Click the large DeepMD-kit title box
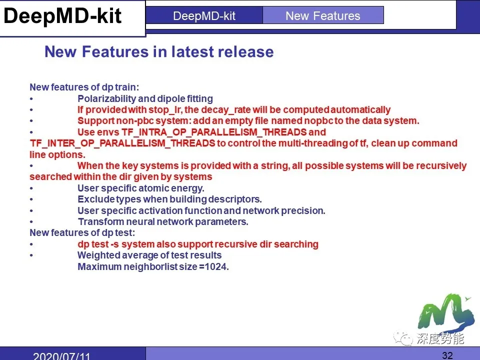62,16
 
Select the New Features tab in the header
322,15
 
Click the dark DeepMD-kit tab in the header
204,15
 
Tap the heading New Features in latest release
159,52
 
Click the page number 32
447,355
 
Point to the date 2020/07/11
61,356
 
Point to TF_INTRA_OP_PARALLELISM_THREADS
214,132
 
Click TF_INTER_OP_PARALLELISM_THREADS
122,143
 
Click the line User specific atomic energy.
141,188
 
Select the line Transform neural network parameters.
163,221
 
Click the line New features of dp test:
82,233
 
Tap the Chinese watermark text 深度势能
440,339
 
